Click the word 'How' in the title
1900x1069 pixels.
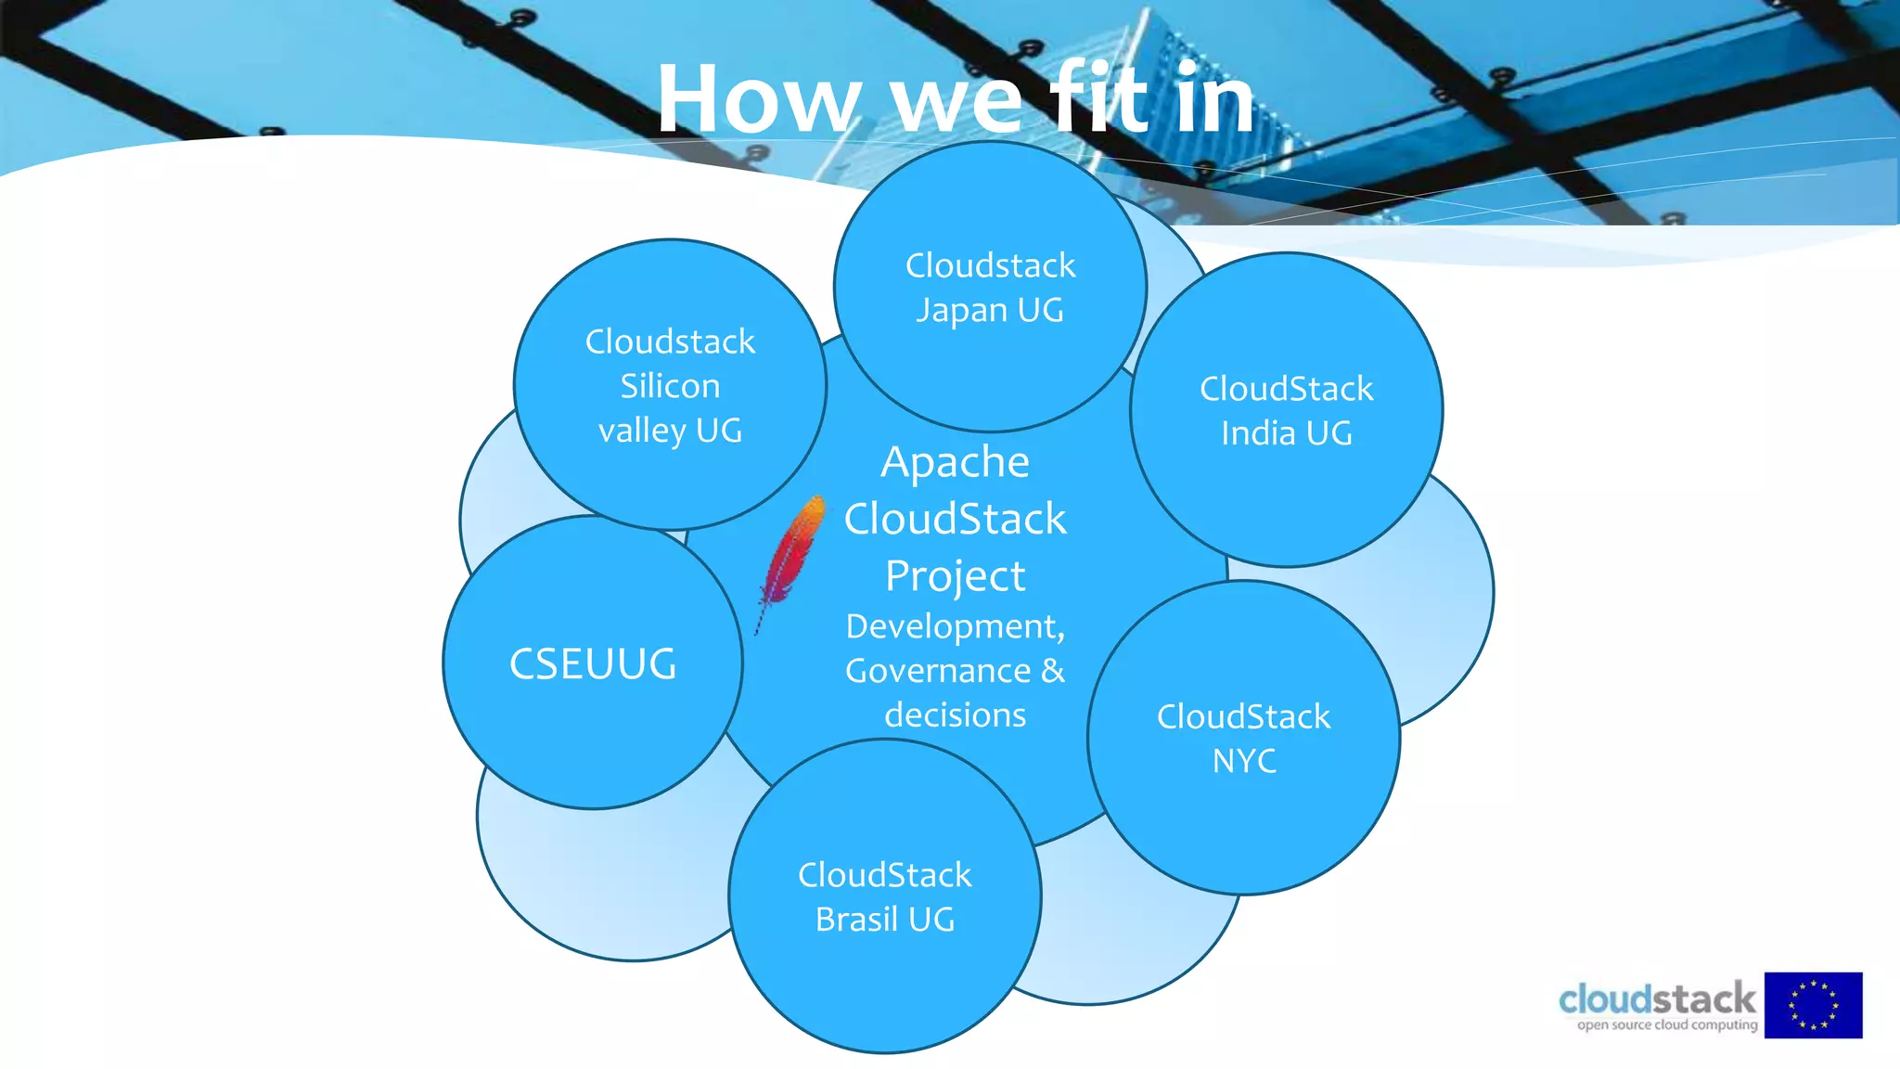pos(759,100)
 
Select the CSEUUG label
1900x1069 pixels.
pos(593,664)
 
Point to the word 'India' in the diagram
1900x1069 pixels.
pos(1257,433)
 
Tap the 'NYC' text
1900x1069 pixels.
pos(1244,761)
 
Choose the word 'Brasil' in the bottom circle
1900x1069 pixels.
pos(856,920)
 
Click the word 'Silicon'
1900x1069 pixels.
pos(670,386)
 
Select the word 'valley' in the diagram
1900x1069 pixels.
pos(641,431)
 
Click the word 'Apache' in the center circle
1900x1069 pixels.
pos(955,462)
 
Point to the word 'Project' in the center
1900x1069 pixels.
pos(955,576)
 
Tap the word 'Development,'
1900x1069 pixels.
pos(955,627)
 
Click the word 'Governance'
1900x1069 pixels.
pos(937,671)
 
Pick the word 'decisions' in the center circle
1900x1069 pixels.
pos(955,715)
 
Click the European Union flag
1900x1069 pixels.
pos(1813,1005)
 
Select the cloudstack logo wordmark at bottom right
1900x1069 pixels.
pos(1657,998)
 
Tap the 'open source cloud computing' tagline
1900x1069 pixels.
pos(1667,1025)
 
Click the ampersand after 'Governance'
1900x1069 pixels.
pos(1053,671)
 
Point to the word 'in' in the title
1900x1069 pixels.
pos(1214,100)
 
